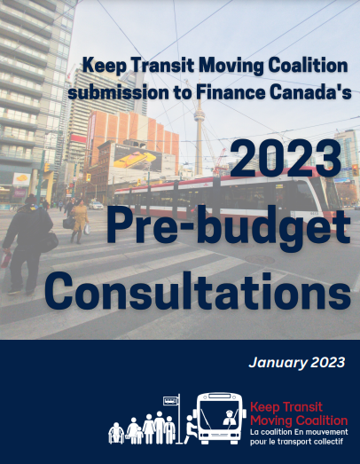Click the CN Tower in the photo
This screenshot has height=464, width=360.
[x=200, y=124]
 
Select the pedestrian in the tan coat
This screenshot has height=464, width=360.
[x=80, y=222]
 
